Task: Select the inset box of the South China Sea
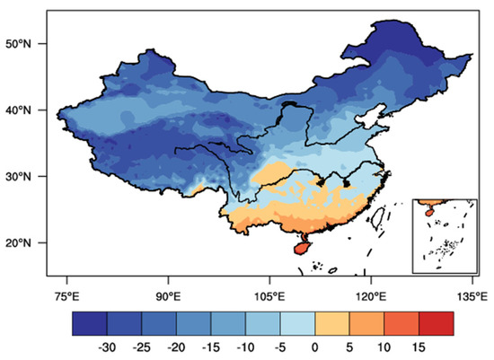tap(443, 235)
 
